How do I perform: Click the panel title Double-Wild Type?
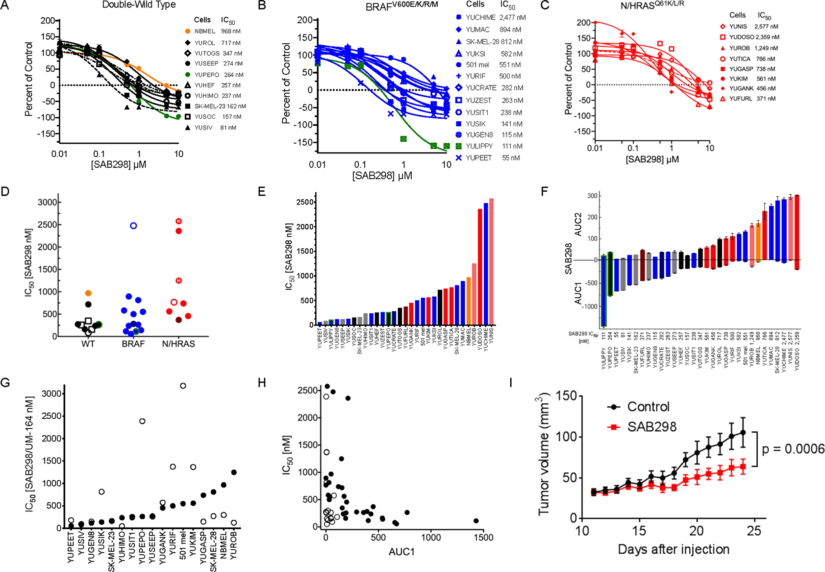pyautogui.click(x=139, y=5)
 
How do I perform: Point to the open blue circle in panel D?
pyautogui.click(x=133, y=226)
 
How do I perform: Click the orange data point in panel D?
pyautogui.click(x=88, y=293)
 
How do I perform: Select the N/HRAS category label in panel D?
pyautogui.click(x=178, y=344)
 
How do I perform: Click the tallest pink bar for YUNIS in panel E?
pyautogui.click(x=491, y=261)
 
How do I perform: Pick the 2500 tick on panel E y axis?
pyautogui.click(x=305, y=202)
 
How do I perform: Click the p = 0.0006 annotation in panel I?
pyautogui.click(x=792, y=449)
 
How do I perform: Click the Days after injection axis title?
pyautogui.click(x=673, y=549)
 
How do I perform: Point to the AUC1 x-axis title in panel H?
pyautogui.click(x=401, y=552)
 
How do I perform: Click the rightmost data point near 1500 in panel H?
pyautogui.click(x=476, y=521)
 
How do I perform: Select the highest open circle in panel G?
pyautogui.click(x=183, y=386)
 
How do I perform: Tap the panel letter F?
pyautogui.click(x=544, y=191)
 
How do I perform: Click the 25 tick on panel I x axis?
pyautogui.click(x=754, y=531)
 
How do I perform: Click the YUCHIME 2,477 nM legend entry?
pyautogui.click(x=495, y=17)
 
